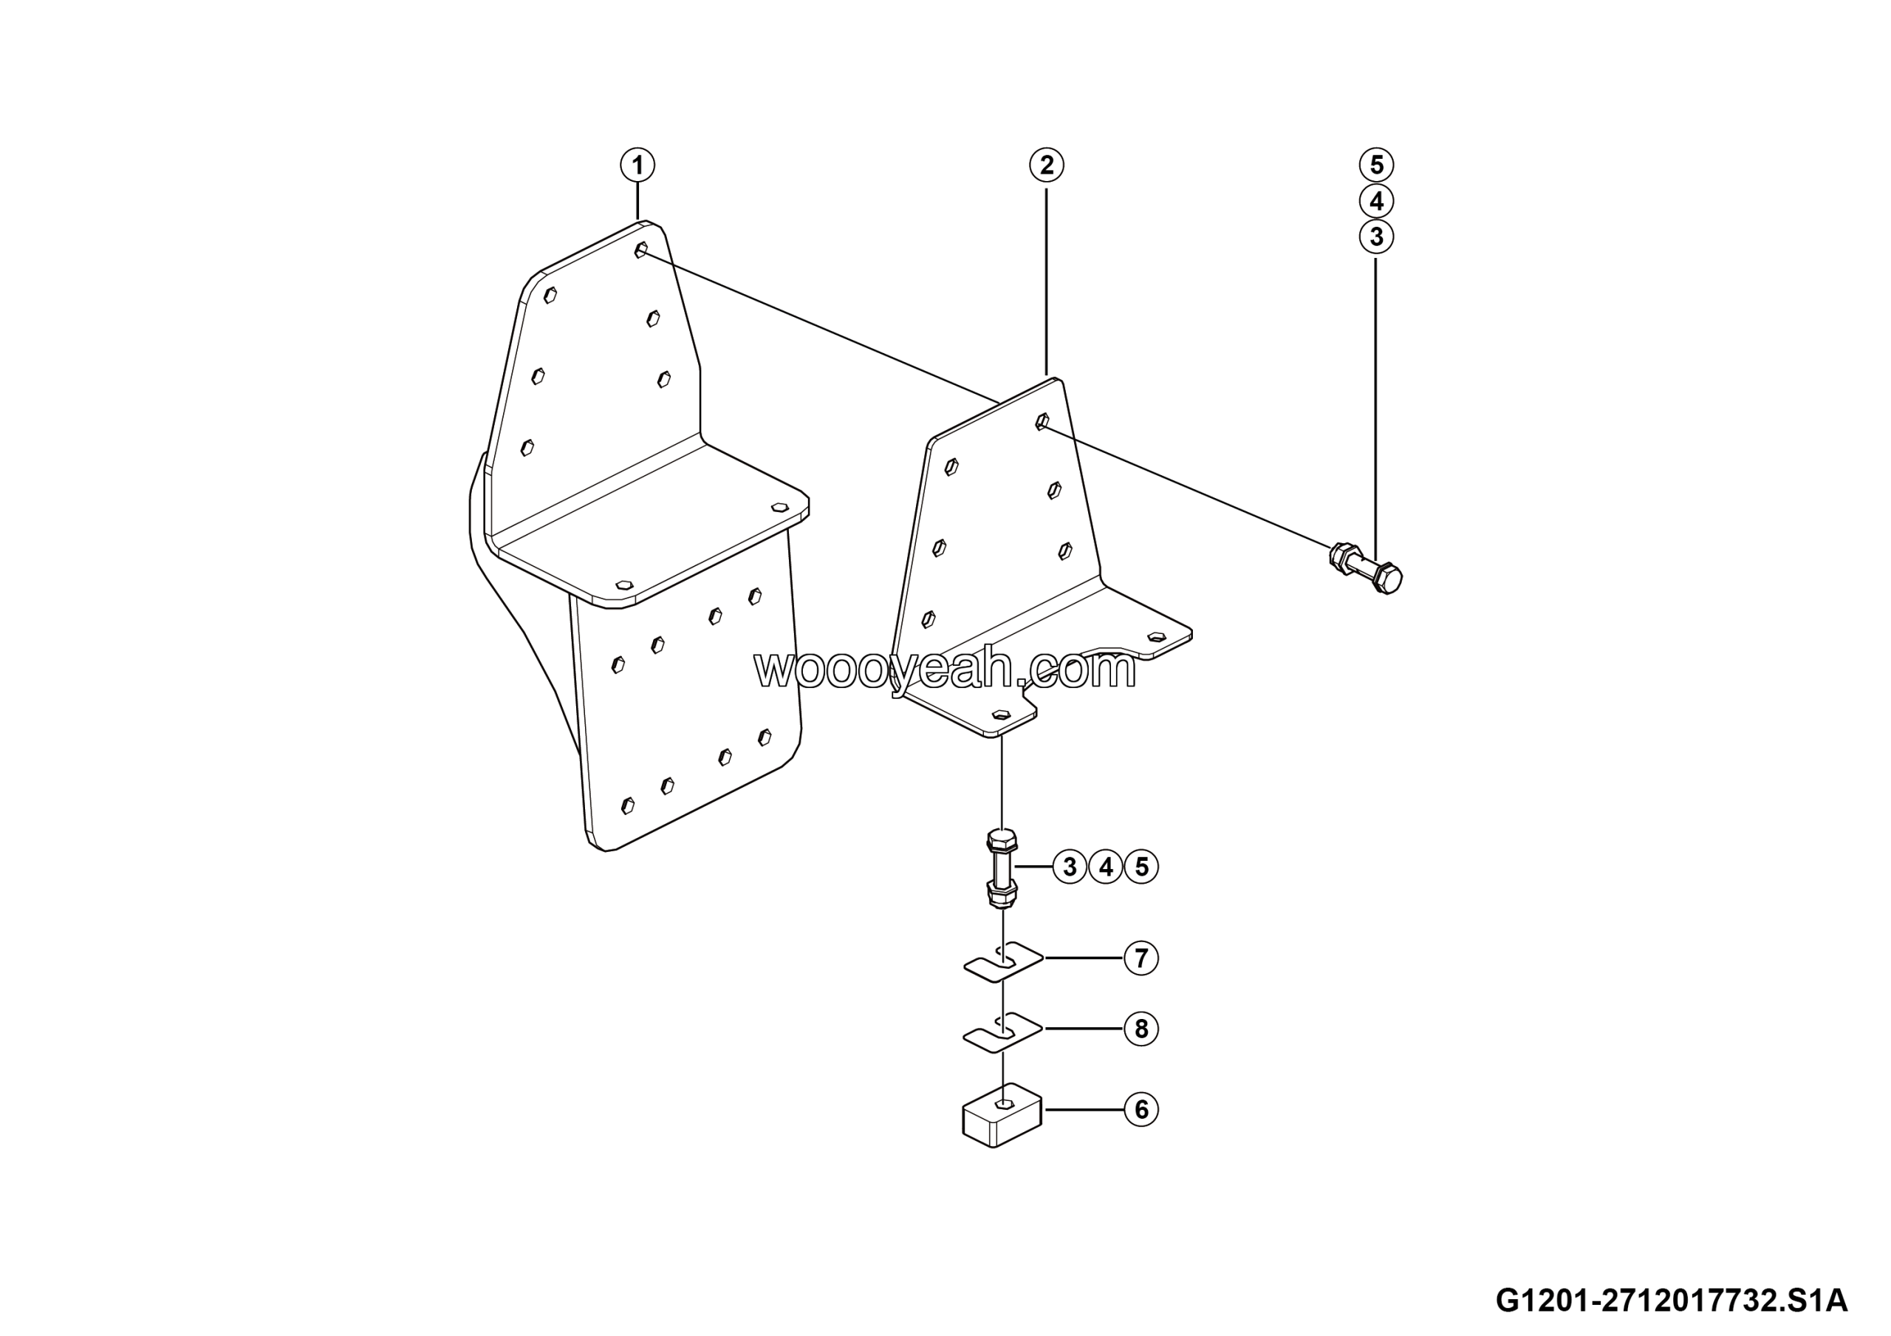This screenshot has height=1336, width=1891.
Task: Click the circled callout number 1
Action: (x=637, y=165)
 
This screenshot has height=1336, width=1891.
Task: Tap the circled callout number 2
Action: (x=1046, y=165)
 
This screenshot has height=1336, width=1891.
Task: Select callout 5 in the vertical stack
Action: (x=1376, y=165)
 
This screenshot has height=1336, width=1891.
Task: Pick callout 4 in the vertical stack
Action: (x=1376, y=201)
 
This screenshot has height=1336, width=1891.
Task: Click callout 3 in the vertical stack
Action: (x=1376, y=237)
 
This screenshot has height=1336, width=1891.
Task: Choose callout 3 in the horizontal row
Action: (x=1070, y=867)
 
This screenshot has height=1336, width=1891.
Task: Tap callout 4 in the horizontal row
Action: (x=1106, y=867)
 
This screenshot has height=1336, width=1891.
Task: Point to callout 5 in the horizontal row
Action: (x=1141, y=867)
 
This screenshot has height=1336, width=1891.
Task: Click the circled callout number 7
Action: (x=1141, y=958)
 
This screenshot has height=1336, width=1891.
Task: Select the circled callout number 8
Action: (x=1141, y=1029)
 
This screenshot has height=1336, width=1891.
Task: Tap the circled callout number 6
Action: (x=1141, y=1109)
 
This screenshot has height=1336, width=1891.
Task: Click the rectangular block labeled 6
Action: (x=1002, y=1114)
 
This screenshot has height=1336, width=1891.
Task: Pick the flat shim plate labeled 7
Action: (x=1003, y=961)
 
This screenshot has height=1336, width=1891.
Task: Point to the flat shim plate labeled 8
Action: (x=1003, y=1032)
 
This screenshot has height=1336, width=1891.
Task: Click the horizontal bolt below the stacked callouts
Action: (x=1366, y=568)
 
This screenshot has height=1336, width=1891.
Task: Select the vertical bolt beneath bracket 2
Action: (x=1002, y=870)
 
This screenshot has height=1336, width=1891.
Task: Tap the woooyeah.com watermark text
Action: (x=945, y=669)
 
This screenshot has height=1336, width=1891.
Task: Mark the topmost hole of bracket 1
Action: (x=640, y=250)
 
